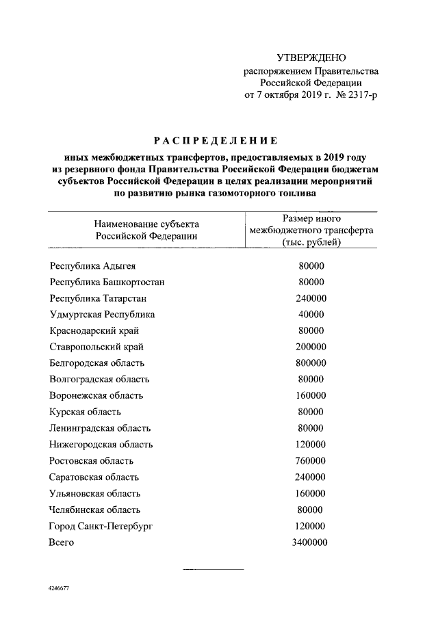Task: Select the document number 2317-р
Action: click(x=357, y=94)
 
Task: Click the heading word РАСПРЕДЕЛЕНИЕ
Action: click(x=215, y=142)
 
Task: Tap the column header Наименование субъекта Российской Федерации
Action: click(x=146, y=230)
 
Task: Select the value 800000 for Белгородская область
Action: click(x=311, y=363)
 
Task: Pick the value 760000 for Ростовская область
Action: click(x=311, y=461)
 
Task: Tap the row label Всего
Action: click(x=61, y=542)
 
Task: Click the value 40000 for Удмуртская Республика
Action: click(x=311, y=315)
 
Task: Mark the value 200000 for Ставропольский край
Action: click(x=311, y=347)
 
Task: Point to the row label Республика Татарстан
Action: click(x=98, y=298)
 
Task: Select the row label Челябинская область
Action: click(x=95, y=510)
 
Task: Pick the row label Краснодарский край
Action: click(x=95, y=330)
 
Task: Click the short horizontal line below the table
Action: click(x=213, y=568)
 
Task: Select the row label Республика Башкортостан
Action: click(x=107, y=282)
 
